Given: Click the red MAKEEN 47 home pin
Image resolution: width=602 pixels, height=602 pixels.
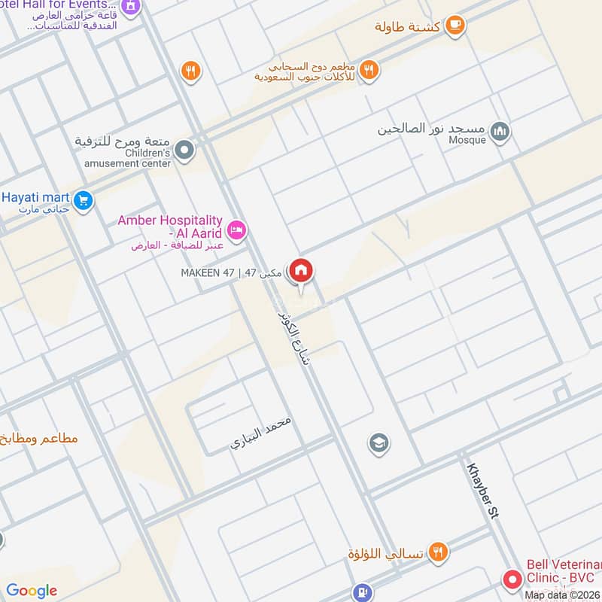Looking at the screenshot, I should [x=301, y=270].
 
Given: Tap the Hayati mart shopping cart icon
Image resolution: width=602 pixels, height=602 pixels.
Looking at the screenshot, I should [x=84, y=200].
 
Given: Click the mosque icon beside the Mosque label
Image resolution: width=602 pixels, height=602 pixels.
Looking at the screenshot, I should [x=500, y=133].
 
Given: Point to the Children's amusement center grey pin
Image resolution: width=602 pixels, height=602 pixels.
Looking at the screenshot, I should [x=186, y=150].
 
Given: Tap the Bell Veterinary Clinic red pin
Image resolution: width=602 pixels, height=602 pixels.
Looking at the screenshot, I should [x=512, y=579].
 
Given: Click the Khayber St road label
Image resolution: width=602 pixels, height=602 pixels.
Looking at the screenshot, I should [x=483, y=490].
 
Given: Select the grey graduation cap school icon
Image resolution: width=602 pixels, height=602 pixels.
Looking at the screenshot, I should [x=379, y=443].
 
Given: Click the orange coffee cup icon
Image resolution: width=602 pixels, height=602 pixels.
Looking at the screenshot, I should [x=455, y=26].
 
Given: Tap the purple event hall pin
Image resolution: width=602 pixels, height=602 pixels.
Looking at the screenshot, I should [x=130, y=6].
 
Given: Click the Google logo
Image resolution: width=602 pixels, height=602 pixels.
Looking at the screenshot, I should [x=32, y=591].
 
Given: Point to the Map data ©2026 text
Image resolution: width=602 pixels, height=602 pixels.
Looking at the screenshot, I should [x=562, y=595].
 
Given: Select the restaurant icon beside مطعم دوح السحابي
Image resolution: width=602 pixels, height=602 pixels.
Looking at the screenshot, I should [x=369, y=71].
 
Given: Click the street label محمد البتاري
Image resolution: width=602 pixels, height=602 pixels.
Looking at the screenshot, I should [x=260, y=433].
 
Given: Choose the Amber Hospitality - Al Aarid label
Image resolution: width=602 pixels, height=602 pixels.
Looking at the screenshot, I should [x=170, y=226].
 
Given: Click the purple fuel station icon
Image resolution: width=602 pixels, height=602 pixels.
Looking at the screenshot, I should [x=363, y=593].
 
